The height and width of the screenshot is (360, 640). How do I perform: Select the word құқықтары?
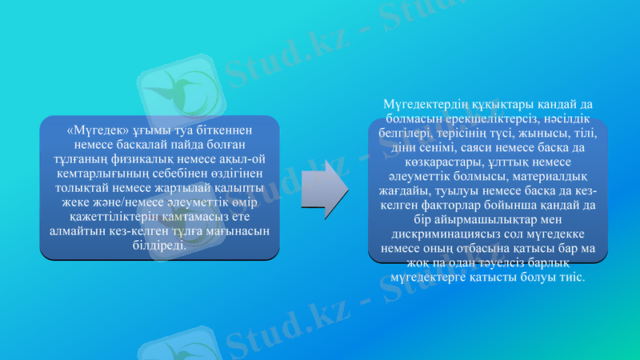pyautogui.click(x=499, y=106)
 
